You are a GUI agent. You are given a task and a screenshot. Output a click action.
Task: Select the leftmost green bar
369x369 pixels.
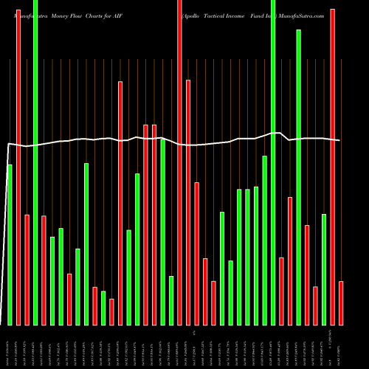[x=10, y=244]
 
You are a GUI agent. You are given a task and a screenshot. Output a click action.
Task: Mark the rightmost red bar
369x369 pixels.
[x=341, y=303]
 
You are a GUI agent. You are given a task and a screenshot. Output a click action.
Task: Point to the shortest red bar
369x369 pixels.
[x=111, y=311]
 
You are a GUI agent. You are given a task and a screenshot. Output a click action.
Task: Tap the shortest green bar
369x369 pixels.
[x=103, y=308]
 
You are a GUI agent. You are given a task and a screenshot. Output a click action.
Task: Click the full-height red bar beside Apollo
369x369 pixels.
[x=179, y=162]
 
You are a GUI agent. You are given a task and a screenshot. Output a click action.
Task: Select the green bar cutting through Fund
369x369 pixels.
[x=273, y=162]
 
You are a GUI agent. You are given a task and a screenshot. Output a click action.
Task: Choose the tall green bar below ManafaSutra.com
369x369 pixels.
[x=299, y=177]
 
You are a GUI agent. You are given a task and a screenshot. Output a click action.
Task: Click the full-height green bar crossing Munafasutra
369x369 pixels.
[x=35, y=162]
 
